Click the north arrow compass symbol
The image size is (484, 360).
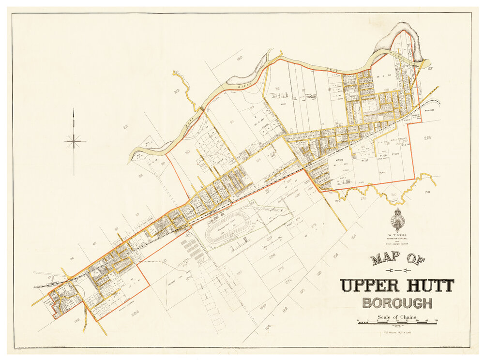click(x=74, y=141)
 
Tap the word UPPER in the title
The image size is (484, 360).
click(x=370, y=285)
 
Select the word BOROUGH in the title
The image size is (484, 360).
click(x=397, y=303)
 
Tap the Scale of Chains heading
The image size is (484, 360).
click(x=397, y=317)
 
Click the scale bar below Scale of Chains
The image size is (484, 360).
click(x=397, y=322)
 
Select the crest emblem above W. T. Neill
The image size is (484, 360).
click(x=398, y=220)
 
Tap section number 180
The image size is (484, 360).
click(x=239, y=59)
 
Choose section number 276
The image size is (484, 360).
click(x=288, y=280)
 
